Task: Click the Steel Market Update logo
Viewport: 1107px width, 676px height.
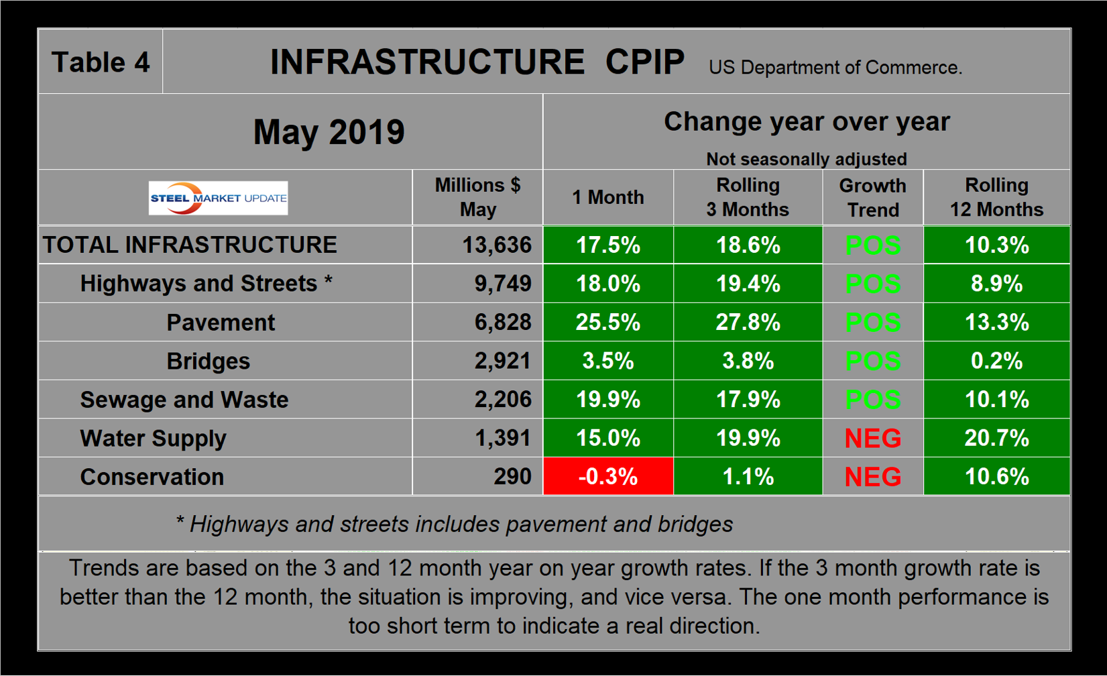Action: coord(218,198)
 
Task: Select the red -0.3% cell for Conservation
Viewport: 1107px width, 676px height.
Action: coord(607,476)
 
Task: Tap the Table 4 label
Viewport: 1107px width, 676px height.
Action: coord(101,62)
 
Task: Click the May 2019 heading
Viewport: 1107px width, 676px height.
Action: coord(329,131)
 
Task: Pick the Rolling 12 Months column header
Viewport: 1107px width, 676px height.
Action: coord(996,197)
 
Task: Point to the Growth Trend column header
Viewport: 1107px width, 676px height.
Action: coord(872,197)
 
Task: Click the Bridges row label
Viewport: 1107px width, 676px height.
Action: coord(208,361)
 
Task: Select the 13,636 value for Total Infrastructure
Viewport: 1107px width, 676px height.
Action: coord(496,245)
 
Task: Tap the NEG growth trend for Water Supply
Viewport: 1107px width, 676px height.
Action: coord(872,438)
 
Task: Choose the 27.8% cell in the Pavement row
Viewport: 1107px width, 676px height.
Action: coord(748,322)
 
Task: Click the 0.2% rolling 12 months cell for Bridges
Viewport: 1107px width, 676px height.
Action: coord(996,361)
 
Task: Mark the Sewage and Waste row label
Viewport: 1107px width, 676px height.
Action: coord(184,400)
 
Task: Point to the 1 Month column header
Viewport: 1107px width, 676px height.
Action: coord(607,197)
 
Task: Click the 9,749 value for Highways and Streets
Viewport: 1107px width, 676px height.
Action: coord(503,284)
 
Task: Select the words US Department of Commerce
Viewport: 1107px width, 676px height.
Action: coord(835,68)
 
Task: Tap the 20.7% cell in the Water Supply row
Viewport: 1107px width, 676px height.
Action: coord(996,438)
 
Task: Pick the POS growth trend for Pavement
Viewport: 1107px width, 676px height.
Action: coord(872,322)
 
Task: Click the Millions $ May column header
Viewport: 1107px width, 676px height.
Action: coord(477,197)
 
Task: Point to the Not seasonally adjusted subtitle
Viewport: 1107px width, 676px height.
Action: coord(806,159)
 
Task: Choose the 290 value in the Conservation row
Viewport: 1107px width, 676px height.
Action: coord(512,476)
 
